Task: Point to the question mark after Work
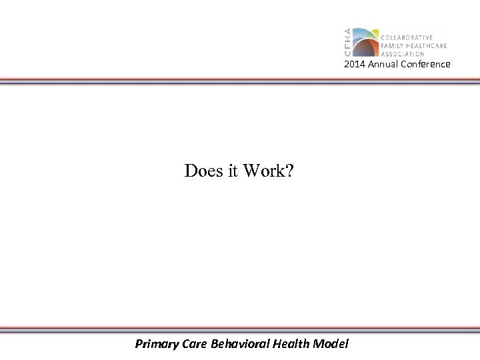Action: pyautogui.click(x=288, y=171)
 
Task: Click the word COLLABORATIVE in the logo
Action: pyautogui.click(x=407, y=37)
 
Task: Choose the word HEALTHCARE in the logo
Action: pyautogui.click(x=425, y=45)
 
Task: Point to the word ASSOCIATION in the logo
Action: pyautogui.click(x=403, y=53)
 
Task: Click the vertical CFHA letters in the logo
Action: pyautogui.click(x=347, y=43)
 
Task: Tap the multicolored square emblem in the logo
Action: pyautogui.click(x=364, y=42)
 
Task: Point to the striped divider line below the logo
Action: pyautogui.click(x=240, y=81)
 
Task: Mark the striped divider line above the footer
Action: pyautogui.click(x=240, y=329)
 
